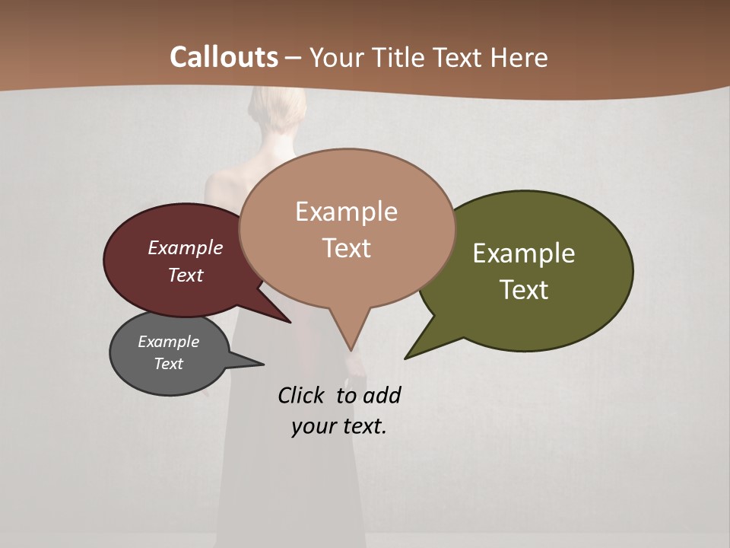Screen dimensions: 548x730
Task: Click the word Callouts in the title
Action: [x=224, y=57]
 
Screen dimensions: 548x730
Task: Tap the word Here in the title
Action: [x=519, y=57]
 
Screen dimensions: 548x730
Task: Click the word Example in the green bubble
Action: [x=524, y=253]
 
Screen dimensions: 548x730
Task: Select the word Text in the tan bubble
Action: [x=347, y=248]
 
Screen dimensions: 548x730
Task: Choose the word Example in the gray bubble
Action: [x=168, y=342]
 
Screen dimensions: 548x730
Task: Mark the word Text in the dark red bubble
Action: [x=186, y=275]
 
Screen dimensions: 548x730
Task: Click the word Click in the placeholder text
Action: [x=301, y=395]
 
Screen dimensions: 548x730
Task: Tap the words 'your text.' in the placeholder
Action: [x=339, y=426]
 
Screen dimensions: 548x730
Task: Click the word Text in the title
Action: [x=460, y=57]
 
